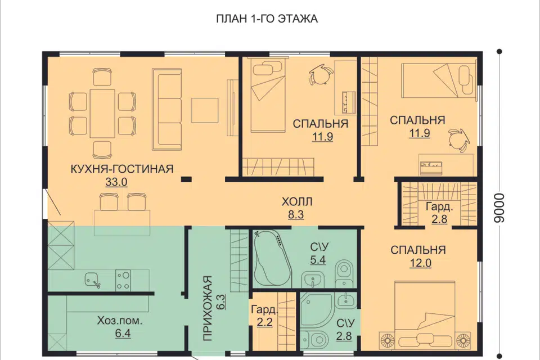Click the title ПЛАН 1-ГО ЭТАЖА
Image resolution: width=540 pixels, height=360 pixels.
point(267,19)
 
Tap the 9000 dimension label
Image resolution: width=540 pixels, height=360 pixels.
point(498,208)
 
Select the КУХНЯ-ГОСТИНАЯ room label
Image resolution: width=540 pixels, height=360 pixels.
point(122,169)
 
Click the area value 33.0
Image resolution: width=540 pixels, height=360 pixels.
point(116,182)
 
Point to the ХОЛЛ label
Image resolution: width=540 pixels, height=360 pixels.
point(297,201)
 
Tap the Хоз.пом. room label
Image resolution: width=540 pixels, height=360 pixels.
point(119,321)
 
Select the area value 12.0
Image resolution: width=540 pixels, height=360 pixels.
point(421,263)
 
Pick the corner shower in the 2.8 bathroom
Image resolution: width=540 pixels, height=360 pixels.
point(317,310)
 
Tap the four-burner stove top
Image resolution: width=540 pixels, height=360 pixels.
point(123,280)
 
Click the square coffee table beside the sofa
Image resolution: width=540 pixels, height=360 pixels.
point(205,110)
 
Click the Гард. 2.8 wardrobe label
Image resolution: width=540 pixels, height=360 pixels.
point(439,213)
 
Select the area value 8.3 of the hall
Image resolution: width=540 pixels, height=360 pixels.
point(296,215)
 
